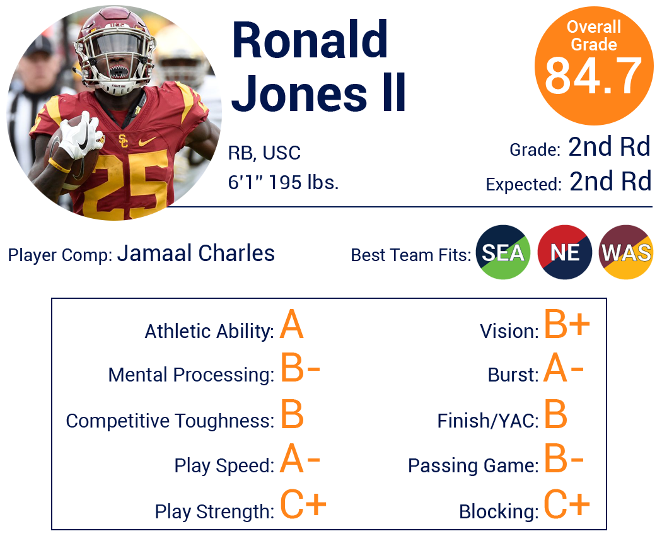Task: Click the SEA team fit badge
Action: pos(503,252)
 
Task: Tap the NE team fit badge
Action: pos(564,252)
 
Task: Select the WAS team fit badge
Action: pos(626,252)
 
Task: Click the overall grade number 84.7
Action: pos(594,76)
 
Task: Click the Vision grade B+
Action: pos(567,324)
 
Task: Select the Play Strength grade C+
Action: pos(303,504)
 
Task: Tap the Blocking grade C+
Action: pos(567,504)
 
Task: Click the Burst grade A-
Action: pos(563,368)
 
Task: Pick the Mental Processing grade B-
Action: pos(300,368)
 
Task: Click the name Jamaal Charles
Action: pos(196,253)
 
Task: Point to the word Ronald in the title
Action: pos(310,40)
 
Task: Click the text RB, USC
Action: pos(264,153)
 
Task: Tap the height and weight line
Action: pos(283,183)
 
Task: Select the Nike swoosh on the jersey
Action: pos(147,141)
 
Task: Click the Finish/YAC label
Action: pos(488,421)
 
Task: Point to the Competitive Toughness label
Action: pos(170,421)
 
